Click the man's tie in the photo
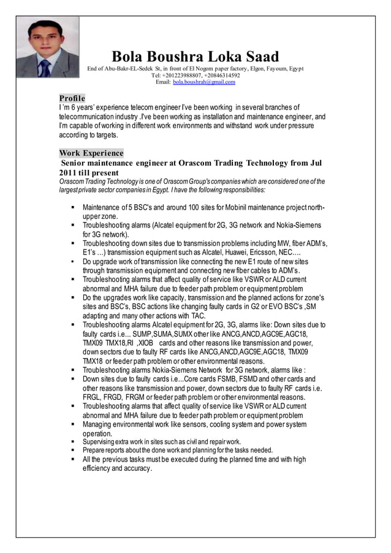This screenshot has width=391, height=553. coord(44,66)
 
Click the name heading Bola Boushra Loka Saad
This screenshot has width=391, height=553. coord(195,56)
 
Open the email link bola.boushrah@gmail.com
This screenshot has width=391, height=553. coord(204,82)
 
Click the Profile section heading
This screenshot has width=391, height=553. coord(72,98)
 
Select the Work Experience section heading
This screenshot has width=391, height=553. coord(91,153)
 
